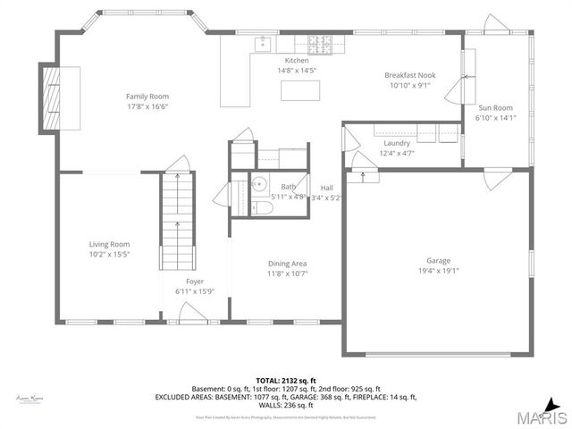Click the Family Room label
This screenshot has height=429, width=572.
pos(147,97)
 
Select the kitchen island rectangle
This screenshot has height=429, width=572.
pos(299,90)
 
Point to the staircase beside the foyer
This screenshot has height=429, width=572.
pos(176,223)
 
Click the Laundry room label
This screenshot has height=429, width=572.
pos(397,143)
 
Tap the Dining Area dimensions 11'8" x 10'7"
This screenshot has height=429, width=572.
pos(288,273)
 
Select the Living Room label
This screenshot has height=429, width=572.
pos(109,244)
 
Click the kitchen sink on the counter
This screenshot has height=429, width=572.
pos(263,42)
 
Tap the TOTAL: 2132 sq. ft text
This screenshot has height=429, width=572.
pos(285,380)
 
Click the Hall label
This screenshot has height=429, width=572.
pos(327,187)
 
